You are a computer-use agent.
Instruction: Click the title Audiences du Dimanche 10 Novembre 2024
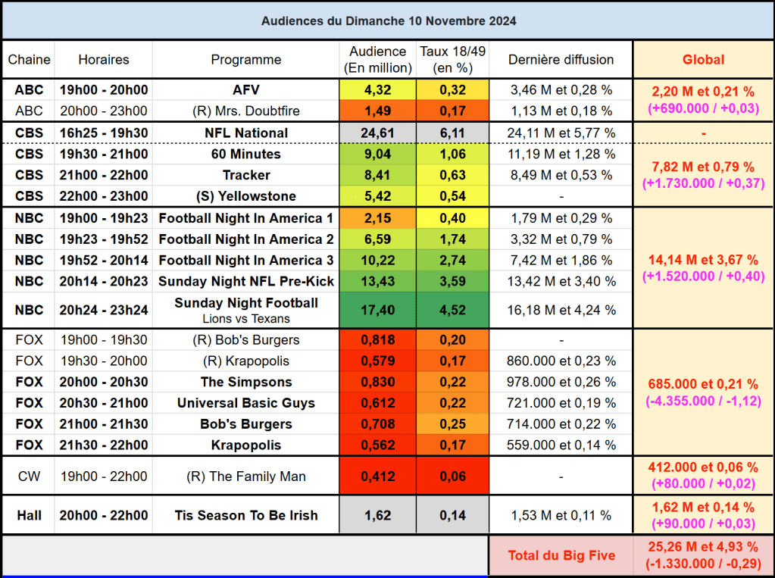coord(389,21)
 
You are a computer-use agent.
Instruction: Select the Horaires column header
coord(104,60)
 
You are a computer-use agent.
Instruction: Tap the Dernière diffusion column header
coord(561,60)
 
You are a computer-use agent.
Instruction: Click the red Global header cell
coord(703,60)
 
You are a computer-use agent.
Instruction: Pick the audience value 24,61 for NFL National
coord(378,133)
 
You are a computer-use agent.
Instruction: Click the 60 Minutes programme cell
coord(246,155)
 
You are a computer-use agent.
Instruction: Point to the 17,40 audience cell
coord(378,310)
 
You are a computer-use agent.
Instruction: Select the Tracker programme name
coord(246,176)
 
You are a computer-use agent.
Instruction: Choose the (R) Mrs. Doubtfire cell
coord(246,111)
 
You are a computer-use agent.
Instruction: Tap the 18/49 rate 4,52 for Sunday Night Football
coord(453,310)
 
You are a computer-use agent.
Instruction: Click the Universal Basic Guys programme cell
coord(246,403)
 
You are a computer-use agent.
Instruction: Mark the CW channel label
coord(29,477)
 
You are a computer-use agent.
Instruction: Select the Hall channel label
coord(29,516)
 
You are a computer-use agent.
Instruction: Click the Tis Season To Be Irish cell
coord(246,516)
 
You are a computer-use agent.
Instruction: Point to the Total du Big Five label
coord(561,556)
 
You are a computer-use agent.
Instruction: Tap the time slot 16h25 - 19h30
coord(104,133)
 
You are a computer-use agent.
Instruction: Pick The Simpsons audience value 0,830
coord(378,382)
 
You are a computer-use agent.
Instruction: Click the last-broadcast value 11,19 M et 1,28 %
coord(561,155)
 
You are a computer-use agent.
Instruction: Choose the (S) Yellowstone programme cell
coord(246,197)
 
